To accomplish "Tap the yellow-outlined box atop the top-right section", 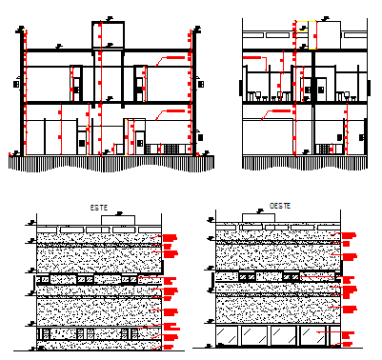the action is (x=305, y=32).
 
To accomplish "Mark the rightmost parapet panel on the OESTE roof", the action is (x=323, y=227).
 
